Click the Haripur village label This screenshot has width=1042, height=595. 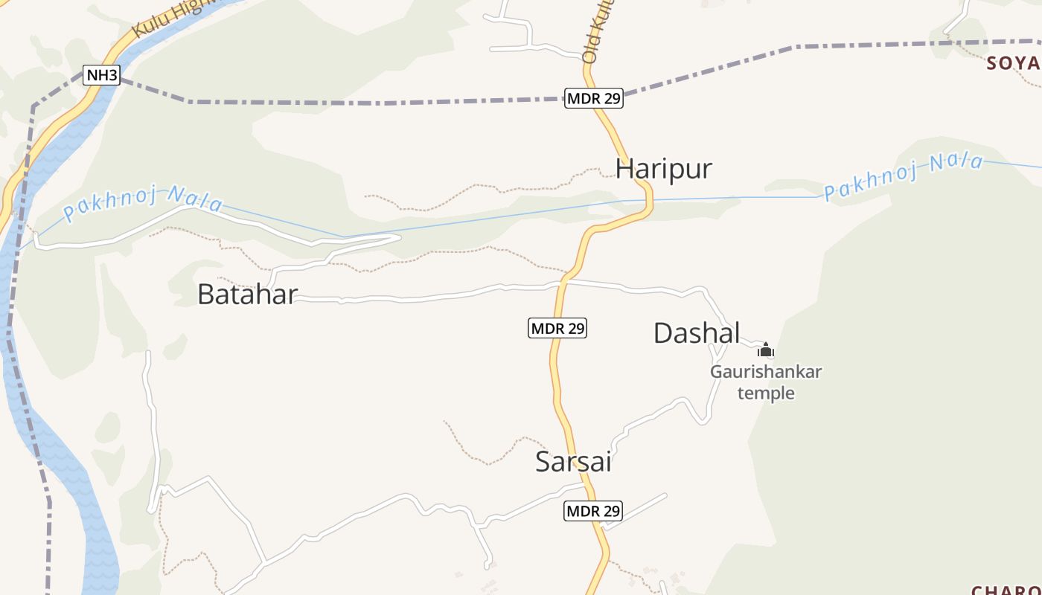[663, 169]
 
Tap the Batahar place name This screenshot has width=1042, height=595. [247, 295]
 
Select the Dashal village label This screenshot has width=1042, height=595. [697, 333]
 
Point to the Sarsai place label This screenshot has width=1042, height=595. [573, 462]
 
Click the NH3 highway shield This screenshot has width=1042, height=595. [101, 75]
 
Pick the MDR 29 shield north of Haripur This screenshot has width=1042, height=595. [593, 98]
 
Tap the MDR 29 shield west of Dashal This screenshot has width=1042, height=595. [557, 328]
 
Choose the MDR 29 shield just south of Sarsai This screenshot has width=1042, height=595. [593, 511]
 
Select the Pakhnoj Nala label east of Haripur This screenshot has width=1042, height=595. [903, 177]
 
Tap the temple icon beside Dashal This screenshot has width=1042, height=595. [766, 350]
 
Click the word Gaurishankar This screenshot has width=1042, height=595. [765, 372]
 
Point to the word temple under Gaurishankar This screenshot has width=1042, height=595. [766, 393]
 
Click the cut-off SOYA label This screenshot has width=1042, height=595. [1013, 63]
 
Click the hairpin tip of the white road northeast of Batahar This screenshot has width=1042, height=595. [398, 238]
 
